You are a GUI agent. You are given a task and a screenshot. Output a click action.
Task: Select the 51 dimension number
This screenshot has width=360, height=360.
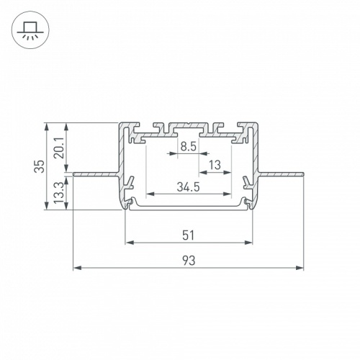tap(189, 233)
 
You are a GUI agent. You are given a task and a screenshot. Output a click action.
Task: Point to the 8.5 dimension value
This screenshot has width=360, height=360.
tap(189, 146)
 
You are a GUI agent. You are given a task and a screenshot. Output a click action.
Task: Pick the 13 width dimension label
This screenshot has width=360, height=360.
tap(214, 165)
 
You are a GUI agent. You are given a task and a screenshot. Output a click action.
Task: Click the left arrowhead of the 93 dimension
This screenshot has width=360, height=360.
tap(76, 269)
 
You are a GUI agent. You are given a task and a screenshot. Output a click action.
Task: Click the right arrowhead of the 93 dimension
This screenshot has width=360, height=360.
tap(300, 269)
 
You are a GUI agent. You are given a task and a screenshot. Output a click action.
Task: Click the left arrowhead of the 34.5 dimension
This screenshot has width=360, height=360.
tap(150, 194)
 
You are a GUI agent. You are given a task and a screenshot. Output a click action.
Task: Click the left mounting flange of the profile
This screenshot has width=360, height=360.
tap(94, 174)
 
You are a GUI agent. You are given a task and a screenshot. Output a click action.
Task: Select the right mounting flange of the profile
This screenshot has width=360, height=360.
tap(283, 174)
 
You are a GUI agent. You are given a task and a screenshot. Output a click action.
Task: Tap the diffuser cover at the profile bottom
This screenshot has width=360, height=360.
tap(189, 210)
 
